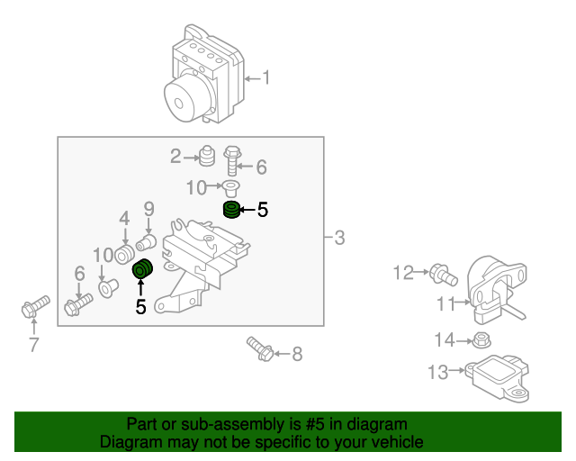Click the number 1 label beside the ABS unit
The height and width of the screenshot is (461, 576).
point(265,78)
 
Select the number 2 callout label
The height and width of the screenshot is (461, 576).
point(175,158)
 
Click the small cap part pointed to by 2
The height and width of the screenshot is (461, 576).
point(206,158)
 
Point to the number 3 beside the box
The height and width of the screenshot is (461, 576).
point(338,239)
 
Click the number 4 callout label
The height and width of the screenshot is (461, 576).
point(124,218)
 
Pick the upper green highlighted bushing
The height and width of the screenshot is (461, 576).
point(231,211)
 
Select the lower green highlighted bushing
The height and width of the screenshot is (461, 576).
point(142,270)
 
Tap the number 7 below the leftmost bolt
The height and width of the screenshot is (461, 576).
point(33,345)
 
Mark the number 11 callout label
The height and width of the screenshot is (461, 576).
point(446,304)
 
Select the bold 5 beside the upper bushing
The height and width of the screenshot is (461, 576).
point(262,211)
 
